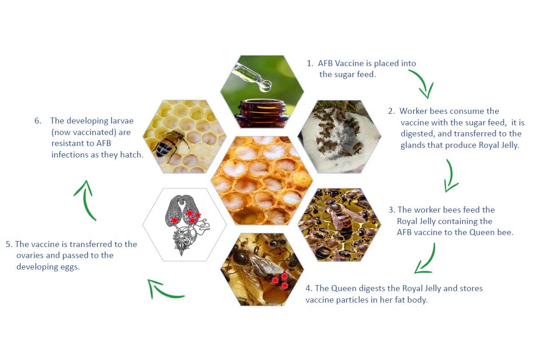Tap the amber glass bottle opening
tap(262, 103)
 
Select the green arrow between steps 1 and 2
tap(423, 83)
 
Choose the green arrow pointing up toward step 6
tap(86, 200)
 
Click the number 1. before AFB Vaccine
tap(310, 63)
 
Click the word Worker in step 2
tap(413, 111)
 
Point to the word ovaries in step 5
tap(30, 255)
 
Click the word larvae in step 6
tap(122, 121)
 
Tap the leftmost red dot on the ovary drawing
tap(174, 220)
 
